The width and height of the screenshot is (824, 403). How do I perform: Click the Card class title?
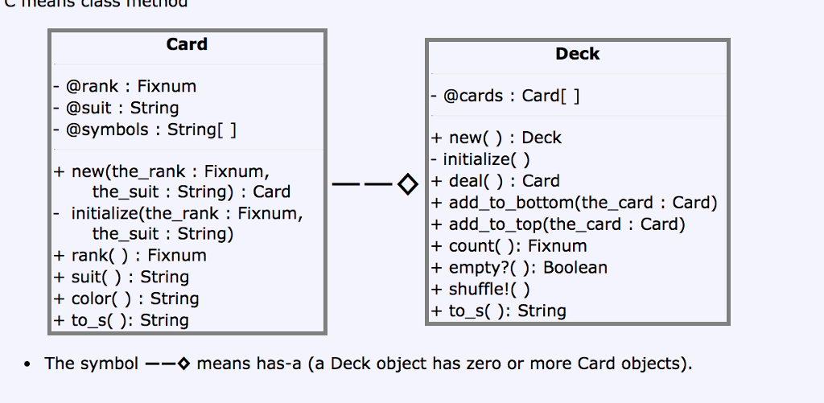coord(187,44)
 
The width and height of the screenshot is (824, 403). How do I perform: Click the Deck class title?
coord(577,54)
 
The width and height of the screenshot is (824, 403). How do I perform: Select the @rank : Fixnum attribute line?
coord(125,86)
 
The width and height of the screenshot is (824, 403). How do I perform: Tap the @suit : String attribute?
coord(116,108)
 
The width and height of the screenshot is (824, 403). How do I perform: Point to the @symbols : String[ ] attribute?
coord(145,130)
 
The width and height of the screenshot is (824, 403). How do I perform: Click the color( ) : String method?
coord(126,298)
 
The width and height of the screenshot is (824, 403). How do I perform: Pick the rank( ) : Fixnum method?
coord(130,255)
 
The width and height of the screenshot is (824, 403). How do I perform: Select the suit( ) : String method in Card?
coord(122,277)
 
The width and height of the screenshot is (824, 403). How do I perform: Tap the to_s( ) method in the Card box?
coord(122,320)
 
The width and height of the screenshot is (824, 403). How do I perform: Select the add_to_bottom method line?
coord(574,203)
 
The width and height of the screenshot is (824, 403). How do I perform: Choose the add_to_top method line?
coord(558,224)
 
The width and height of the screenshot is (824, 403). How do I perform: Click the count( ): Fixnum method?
coord(509,246)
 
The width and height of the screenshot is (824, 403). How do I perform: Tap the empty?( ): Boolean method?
coord(519,268)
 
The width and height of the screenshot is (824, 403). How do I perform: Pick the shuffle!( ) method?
coord(481,290)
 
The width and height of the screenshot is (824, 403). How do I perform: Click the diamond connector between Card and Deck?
coord(408,186)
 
